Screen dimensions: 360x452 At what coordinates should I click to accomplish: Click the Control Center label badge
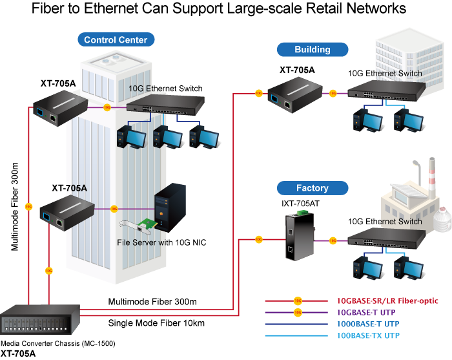(116, 40)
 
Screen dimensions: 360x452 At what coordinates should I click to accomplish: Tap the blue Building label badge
(312, 49)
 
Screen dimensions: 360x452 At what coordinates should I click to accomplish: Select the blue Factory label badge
(312, 188)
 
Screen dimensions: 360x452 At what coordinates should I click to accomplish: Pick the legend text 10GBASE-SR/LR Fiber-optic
(387, 301)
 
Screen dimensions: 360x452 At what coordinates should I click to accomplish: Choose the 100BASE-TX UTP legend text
(368, 335)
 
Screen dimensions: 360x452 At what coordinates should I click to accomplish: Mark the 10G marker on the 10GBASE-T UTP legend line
(297, 313)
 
